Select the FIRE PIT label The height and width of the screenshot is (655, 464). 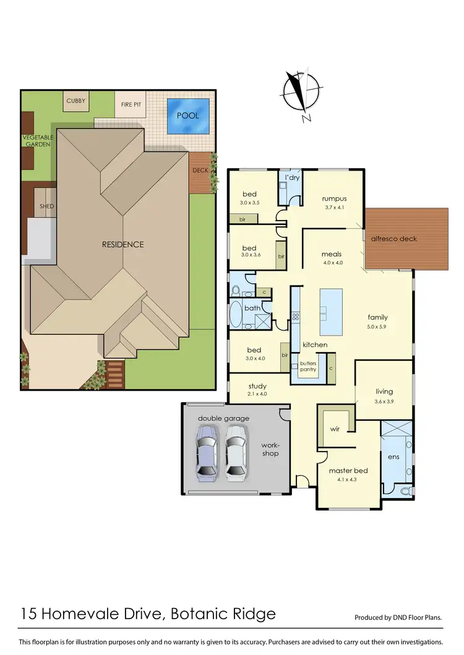(131, 104)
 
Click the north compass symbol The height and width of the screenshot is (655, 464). (300, 95)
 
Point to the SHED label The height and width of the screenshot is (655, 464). (46, 206)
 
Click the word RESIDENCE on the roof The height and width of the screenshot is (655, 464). (122, 244)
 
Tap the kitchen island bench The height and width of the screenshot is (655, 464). (331, 310)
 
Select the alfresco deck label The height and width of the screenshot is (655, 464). (393, 239)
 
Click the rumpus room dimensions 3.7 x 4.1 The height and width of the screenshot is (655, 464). (333, 208)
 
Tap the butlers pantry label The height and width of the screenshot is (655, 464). (307, 367)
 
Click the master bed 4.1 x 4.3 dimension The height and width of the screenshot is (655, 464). (348, 480)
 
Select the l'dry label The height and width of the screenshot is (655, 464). (291, 178)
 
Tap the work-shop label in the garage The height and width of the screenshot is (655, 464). (270, 449)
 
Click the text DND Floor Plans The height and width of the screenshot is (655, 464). (413, 617)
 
